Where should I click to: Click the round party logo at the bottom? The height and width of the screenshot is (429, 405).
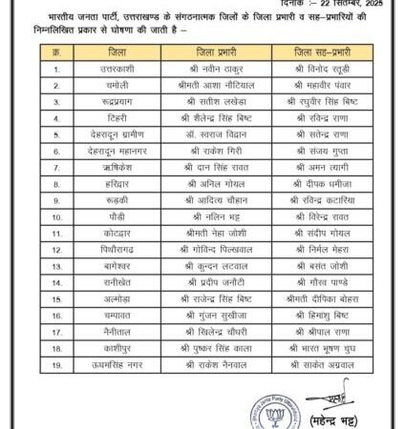point(273,416)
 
